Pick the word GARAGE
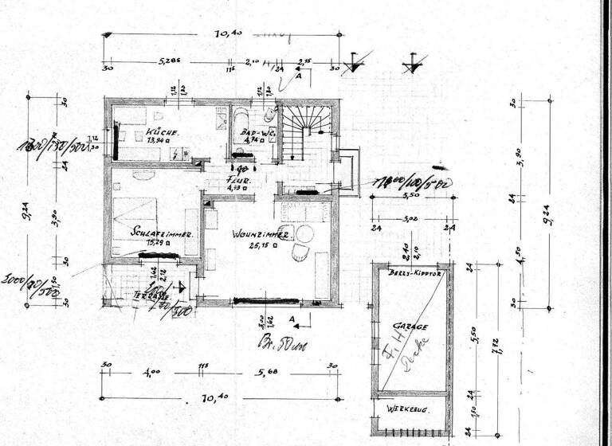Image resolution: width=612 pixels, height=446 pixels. (x=411, y=326)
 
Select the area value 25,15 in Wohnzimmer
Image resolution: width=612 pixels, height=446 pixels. (x=261, y=246)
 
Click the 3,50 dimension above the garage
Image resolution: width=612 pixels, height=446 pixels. (x=411, y=194)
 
